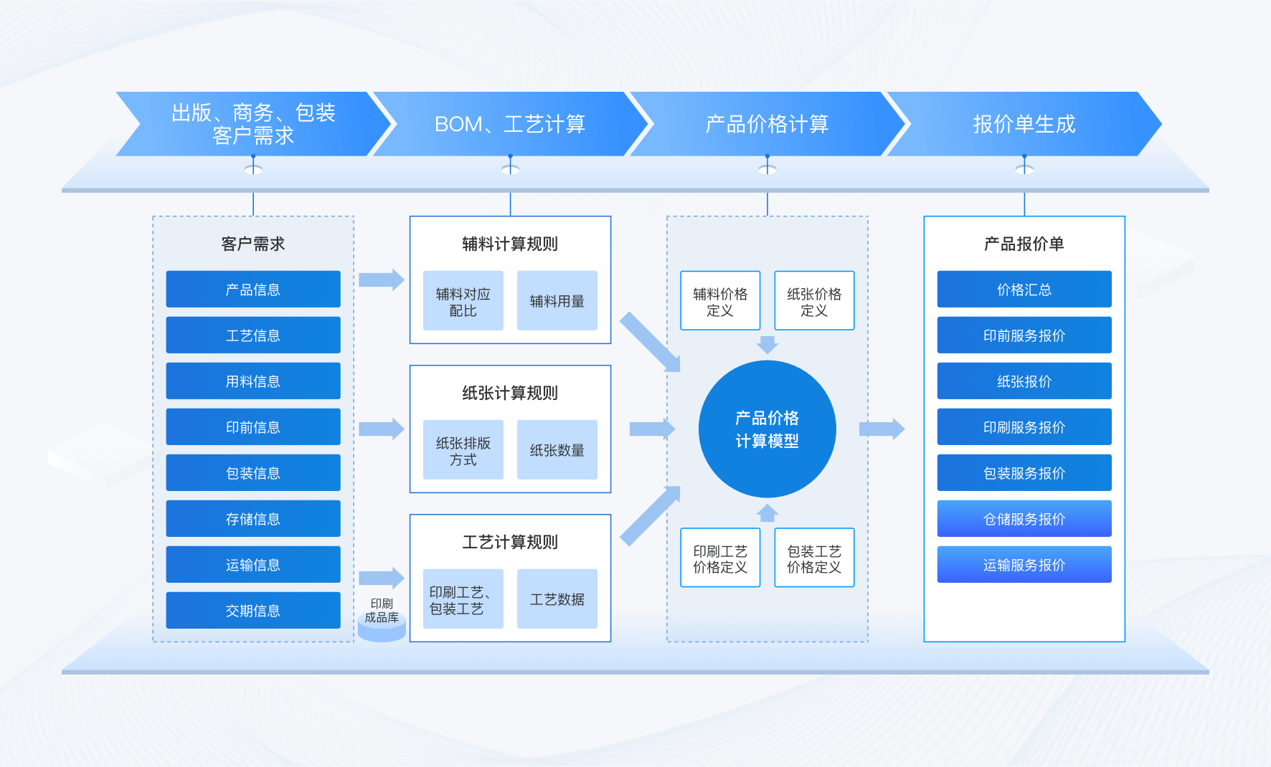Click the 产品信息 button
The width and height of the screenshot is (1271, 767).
coord(253,289)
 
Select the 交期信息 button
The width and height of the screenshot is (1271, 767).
coord(253,610)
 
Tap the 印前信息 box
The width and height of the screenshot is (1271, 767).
coord(253,427)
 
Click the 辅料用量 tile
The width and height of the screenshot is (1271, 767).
coord(557,301)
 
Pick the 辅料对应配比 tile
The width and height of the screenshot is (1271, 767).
coord(463,301)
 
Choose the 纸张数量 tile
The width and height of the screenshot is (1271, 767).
coord(557,450)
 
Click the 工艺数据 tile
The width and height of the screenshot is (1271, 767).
coord(557,599)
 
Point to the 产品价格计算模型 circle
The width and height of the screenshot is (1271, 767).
coord(767,429)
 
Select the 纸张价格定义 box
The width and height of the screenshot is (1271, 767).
coord(814,301)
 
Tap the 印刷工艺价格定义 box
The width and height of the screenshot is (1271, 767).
coord(720,558)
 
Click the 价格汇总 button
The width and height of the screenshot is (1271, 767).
coord(1024,289)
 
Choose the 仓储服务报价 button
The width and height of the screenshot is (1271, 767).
coord(1024,518)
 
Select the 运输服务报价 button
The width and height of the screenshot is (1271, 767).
coord(1024,564)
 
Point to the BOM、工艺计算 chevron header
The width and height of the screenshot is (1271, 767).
coord(510,124)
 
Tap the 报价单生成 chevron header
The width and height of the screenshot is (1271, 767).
coord(1024,124)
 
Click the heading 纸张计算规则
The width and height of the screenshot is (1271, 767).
coord(510,393)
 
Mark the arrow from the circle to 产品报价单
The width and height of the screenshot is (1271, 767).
coord(882,429)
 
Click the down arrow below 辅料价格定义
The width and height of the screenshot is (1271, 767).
coord(767,345)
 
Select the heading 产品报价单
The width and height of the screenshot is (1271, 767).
coord(1024,244)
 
